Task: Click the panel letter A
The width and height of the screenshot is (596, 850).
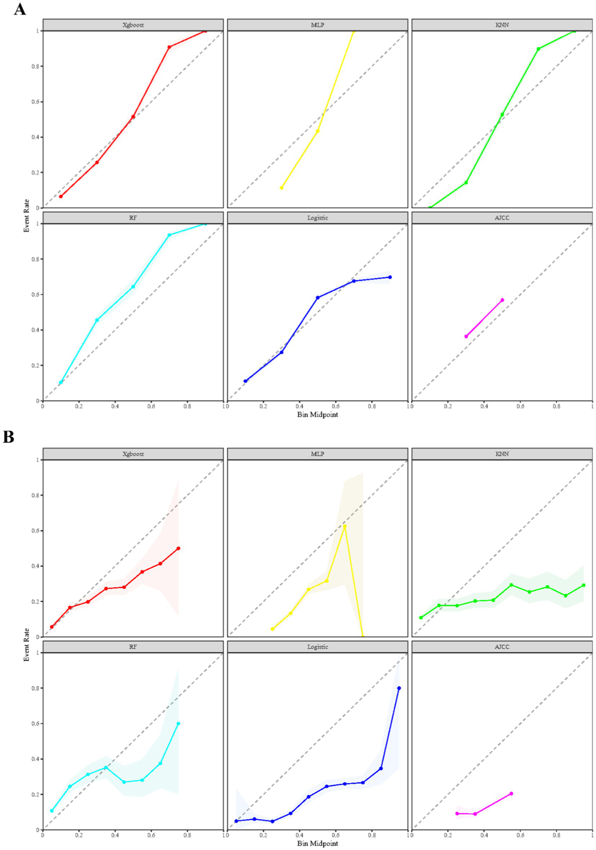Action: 19,9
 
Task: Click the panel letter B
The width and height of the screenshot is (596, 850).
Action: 9,437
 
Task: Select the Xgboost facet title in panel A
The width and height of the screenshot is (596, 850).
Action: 133,25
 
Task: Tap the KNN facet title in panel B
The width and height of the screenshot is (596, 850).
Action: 502,454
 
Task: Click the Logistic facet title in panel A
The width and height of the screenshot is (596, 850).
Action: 317,218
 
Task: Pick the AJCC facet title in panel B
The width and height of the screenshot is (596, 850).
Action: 502,647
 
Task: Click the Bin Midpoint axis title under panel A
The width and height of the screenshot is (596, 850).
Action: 317,415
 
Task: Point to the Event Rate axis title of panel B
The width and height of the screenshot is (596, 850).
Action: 26,645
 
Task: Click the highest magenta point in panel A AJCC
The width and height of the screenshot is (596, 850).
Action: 502,300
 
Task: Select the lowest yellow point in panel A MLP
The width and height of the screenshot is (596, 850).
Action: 281,188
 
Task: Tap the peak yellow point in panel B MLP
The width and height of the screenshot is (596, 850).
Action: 344,526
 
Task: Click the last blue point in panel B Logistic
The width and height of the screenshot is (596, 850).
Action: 399,688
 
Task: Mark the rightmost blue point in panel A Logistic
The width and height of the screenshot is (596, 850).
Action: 390,277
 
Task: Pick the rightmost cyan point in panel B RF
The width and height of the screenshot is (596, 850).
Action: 178,723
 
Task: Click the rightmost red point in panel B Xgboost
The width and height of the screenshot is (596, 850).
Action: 178,548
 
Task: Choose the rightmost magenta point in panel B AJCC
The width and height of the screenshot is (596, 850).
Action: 511,793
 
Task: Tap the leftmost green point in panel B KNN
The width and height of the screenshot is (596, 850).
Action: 421,618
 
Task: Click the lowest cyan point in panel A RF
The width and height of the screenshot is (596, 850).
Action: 61,382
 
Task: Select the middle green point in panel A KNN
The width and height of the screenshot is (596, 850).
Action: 502,114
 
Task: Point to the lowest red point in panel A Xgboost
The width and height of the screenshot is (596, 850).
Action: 61,196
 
